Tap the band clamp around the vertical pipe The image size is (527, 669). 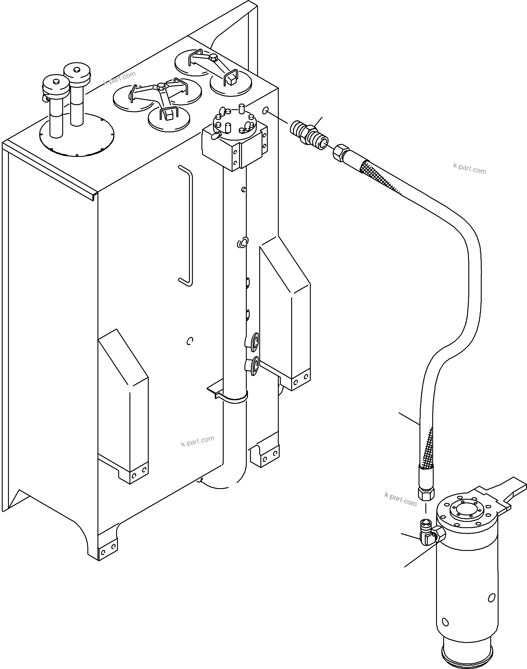[x=235, y=398]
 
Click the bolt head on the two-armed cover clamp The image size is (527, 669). [x=213, y=58]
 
